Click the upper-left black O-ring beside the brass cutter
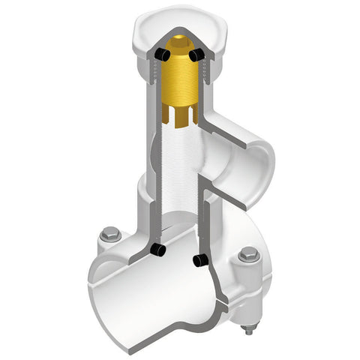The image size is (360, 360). (x=160, y=54)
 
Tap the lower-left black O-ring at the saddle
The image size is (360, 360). (x=157, y=249)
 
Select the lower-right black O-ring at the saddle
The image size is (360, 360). (x=199, y=260)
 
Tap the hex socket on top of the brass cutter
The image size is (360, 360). (x=178, y=43)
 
